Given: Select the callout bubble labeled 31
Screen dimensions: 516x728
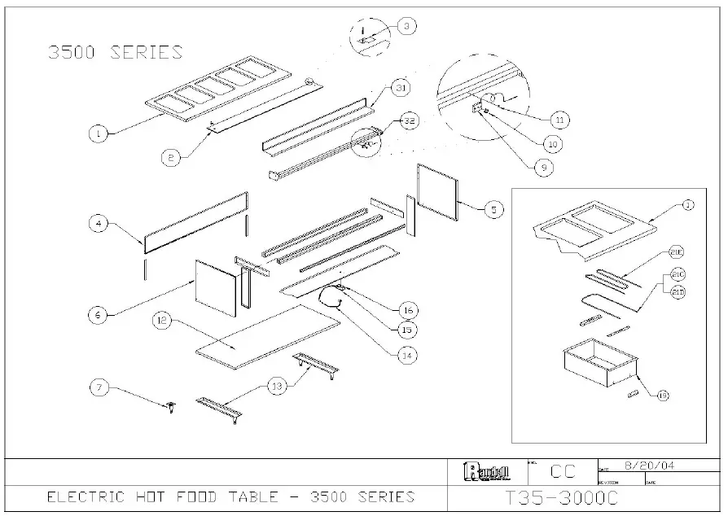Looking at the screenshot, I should click(x=399, y=87).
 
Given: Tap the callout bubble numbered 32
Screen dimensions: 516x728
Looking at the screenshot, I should click(x=409, y=121).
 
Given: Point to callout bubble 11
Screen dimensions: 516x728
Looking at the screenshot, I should click(x=558, y=120).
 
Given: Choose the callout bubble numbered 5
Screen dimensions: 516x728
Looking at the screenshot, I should click(x=493, y=209).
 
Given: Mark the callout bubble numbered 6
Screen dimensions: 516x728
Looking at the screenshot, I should click(x=97, y=313).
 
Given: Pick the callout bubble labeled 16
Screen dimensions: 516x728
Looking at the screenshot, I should click(x=408, y=309).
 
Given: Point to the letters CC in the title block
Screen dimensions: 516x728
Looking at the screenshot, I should click(x=563, y=471).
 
